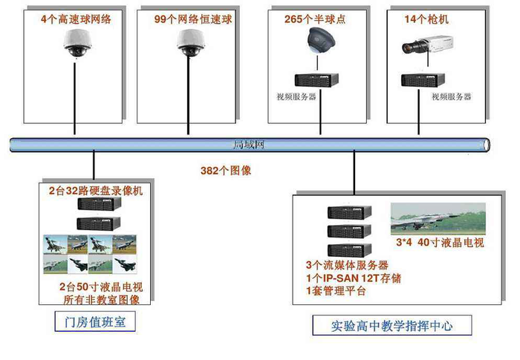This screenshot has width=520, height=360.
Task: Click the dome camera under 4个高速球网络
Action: (76, 47)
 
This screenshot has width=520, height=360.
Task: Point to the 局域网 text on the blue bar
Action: (244, 145)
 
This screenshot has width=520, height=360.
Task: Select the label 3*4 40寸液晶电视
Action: (440, 242)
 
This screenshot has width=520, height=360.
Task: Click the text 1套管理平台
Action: (337, 290)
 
